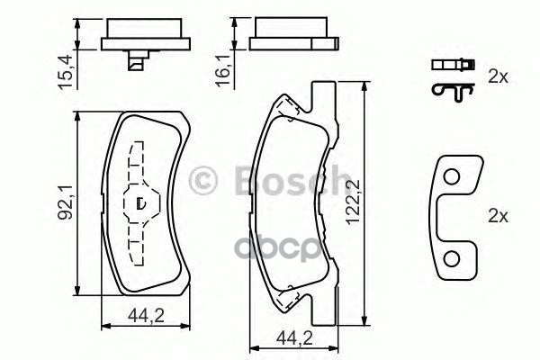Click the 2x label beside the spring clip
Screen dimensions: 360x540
point(497,77)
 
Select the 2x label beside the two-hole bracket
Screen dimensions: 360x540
point(497,217)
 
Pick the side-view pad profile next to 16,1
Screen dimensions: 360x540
point(294,36)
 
